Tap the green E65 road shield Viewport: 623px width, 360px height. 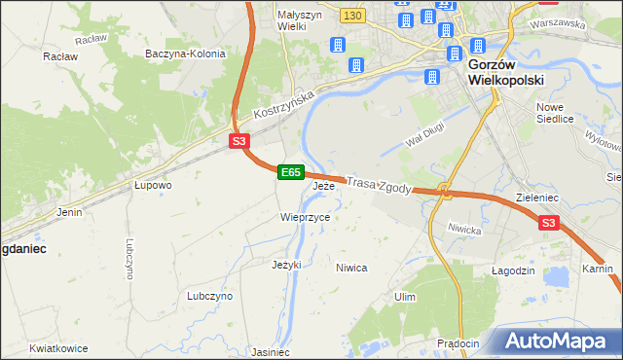coord(290,171)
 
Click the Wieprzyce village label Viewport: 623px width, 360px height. coord(306,217)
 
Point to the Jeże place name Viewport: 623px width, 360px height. coord(323,186)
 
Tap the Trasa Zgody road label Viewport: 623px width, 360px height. coord(380,184)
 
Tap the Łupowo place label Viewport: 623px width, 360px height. coord(153,184)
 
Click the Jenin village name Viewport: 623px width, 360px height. coord(69,211)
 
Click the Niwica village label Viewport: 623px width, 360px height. coord(351,267)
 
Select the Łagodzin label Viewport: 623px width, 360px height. coord(512,270)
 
